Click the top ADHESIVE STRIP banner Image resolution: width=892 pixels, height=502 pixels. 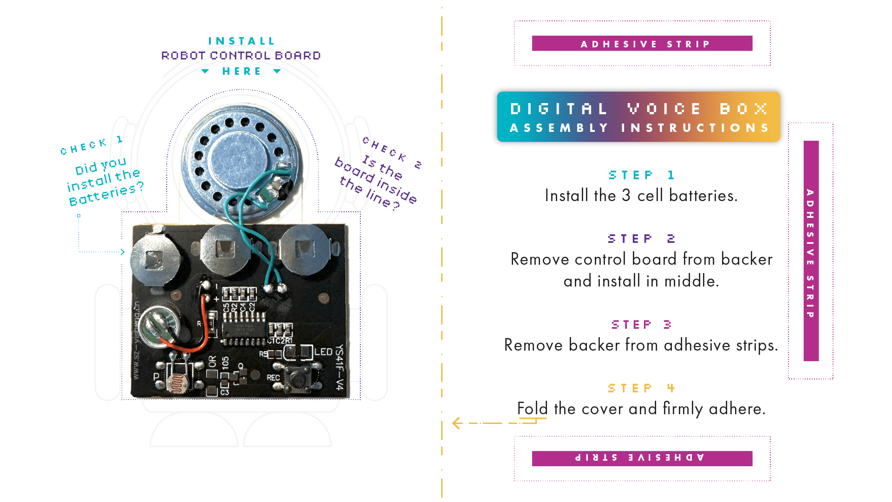[x=642, y=44]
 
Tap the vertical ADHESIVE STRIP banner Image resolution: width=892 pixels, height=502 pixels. [x=810, y=251]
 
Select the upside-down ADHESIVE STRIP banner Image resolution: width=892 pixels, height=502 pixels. [x=642, y=458]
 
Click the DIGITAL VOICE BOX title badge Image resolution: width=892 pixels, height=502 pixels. [x=638, y=117]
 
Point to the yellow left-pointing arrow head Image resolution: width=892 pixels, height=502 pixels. [x=457, y=423]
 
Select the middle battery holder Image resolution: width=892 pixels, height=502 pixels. [x=226, y=248]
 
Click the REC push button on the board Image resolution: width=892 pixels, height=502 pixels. [x=297, y=378]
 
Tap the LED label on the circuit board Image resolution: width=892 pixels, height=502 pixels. [x=323, y=352]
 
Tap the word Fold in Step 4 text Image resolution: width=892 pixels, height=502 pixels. [x=532, y=409]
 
